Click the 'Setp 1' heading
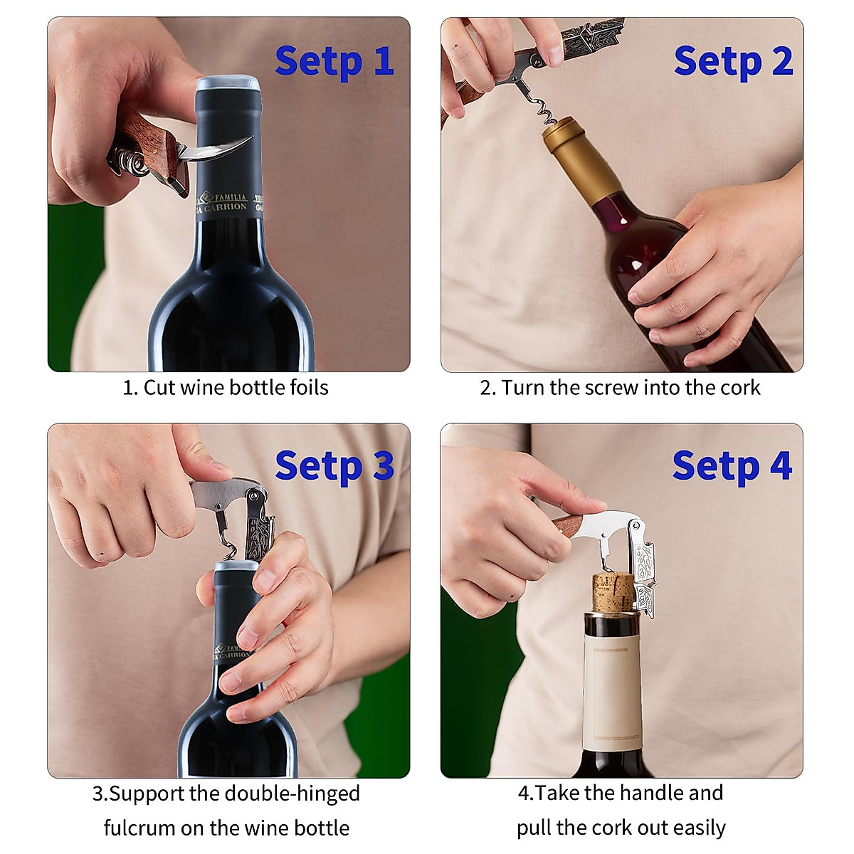(x=334, y=62)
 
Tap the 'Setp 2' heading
(x=732, y=62)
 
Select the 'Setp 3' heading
(x=334, y=468)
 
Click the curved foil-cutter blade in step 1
(x=221, y=147)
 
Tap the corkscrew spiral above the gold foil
(x=542, y=110)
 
